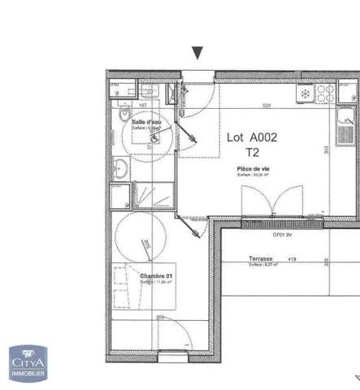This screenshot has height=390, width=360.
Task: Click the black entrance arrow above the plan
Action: click(x=197, y=54)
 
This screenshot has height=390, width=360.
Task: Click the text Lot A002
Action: click(x=251, y=137)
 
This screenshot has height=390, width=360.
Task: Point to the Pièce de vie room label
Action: click(x=254, y=168)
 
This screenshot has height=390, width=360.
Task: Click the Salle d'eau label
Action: click(x=146, y=122)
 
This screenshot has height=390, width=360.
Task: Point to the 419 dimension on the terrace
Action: click(x=292, y=259)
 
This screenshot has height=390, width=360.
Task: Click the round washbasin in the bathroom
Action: click(x=119, y=169)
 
